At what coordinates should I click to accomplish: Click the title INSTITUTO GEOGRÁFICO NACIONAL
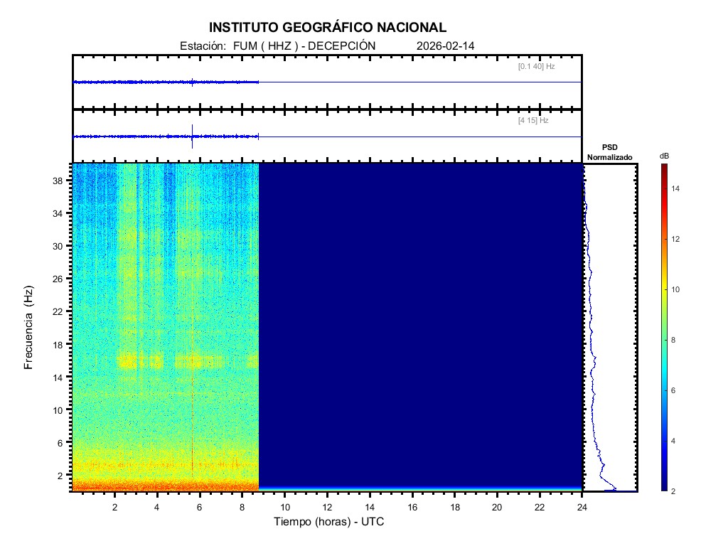point(328,28)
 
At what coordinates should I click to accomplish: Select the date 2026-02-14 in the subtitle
point(446,45)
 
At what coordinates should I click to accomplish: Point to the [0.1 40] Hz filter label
point(536,66)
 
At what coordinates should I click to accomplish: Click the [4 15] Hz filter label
point(533,121)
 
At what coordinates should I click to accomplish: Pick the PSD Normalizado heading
point(609,152)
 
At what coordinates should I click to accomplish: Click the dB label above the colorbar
point(664,156)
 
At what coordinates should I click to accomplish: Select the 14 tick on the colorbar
point(677,188)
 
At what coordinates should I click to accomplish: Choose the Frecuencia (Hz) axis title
point(29,327)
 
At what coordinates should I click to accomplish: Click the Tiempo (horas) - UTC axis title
point(329,522)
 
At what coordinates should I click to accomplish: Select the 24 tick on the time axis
point(582,507)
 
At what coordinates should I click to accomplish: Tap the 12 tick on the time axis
point(327,507)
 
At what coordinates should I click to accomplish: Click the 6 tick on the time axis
point(200,507)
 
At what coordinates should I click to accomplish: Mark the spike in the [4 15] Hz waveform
point(192,135)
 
